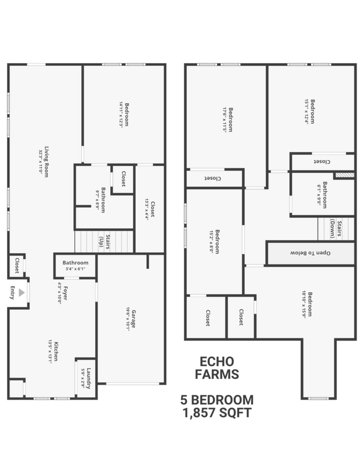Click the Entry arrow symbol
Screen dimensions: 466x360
[x=21, y=292]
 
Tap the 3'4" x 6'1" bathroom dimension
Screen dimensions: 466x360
[x=75, y=269]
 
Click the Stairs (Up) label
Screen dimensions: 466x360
[x=104, y=242]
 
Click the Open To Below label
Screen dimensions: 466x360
[x=310, y=253]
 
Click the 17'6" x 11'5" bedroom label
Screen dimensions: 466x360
[x=227, y=119]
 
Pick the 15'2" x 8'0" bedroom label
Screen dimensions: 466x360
[x=215, y=242]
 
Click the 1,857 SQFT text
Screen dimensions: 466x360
[x=217, y=412]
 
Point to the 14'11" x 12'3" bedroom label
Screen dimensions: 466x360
[x=124, y=114]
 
